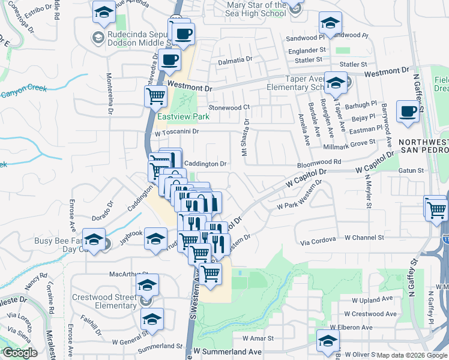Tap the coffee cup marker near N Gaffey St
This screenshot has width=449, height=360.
(408, 112)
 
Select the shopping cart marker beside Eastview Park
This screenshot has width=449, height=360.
(155, 95)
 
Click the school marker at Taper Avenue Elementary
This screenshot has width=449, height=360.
(336, 82)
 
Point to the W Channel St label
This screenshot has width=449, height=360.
(363, 238)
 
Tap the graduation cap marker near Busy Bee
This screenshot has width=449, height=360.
(94, 239)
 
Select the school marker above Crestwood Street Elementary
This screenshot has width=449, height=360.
(146, 285)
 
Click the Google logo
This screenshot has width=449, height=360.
(20, 353)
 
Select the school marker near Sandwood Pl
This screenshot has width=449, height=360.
(330, 23)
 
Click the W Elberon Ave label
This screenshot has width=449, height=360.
(351, 328)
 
